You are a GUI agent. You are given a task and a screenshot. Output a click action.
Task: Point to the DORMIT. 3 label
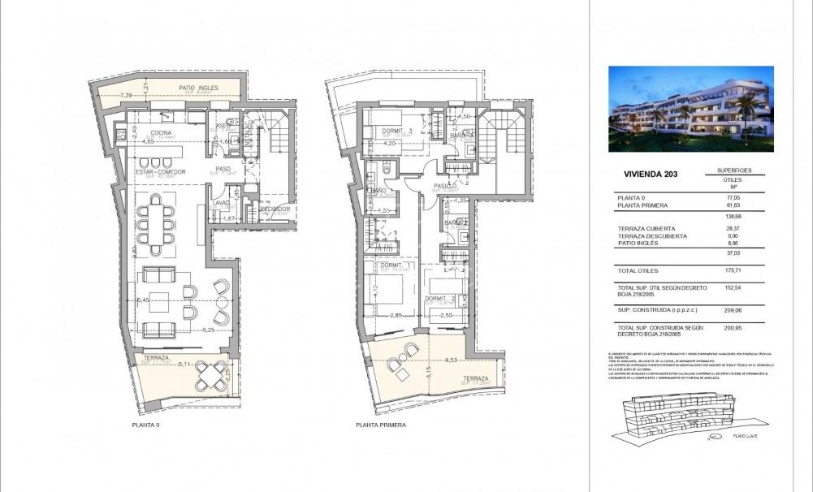pyautogui.click(x=399, y=131)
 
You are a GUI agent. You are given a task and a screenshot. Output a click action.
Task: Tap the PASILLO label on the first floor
pyautogui.click(x=443, y=185)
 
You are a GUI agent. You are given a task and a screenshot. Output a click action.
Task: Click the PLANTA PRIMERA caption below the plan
pyautogui.click(x=380, y=425)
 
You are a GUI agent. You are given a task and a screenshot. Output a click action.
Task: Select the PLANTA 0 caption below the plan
pyautogui.click(x=146, y=425)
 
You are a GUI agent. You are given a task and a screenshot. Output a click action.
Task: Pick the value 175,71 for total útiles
pyautogui.click(x=733, y=270)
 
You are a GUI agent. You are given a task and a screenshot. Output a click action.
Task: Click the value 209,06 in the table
pyautogui.click(x=733, y=309)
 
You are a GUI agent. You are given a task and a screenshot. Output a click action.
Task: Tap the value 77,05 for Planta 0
pyautogui.click(x=734, y=196)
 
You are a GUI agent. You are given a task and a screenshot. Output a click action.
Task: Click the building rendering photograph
pyautogui.click(x=690, y=109)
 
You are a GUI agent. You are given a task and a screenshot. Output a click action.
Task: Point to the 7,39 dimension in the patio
pyautogui.click(x=126, y=96)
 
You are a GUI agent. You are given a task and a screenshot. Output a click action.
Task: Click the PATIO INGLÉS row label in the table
pyautogui.click(x=638, y=243)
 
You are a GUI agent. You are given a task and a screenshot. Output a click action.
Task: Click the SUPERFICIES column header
pyautogui.click(x=734, y=170)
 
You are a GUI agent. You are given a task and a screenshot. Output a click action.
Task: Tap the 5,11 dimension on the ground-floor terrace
pyautogui.click(x=184, y=365)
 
